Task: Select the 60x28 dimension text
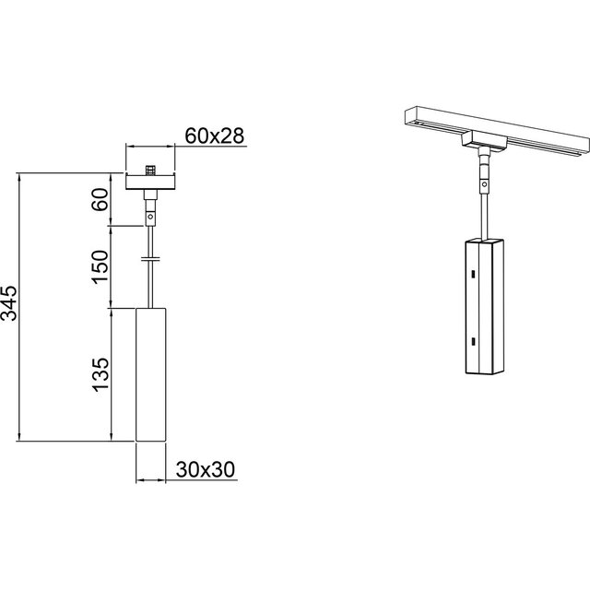[214, 136]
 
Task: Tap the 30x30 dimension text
[205, 469]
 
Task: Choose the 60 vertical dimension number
[101, 199]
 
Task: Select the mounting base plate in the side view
[150, 182]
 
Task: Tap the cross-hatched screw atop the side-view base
[150, 171]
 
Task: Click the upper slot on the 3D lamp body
[470, 274]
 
